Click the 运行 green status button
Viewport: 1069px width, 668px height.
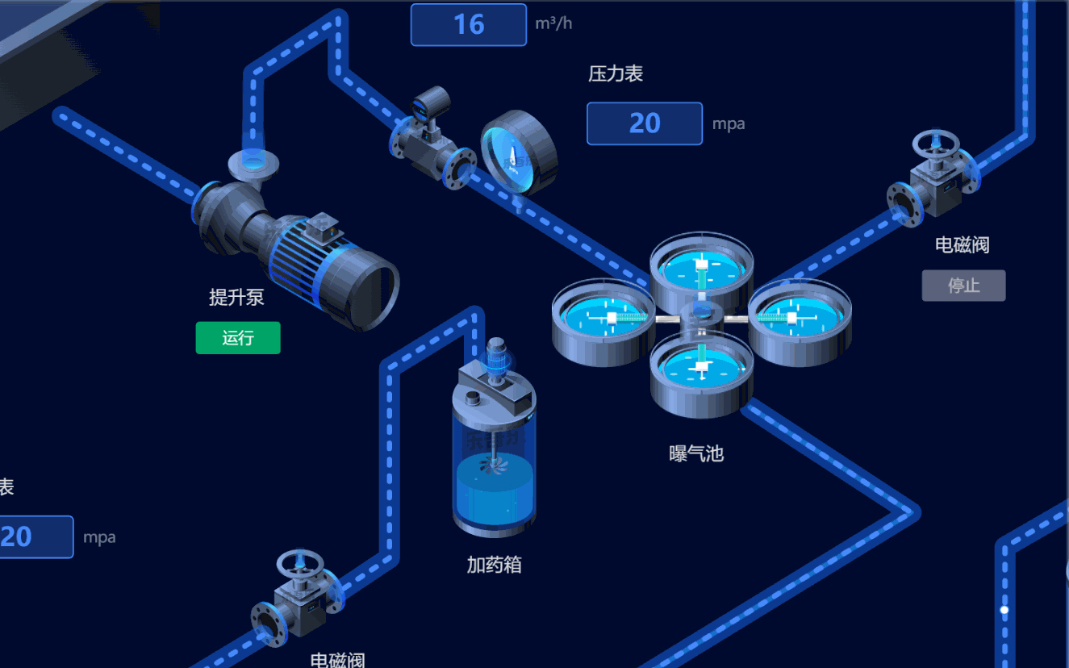tap(238, 338)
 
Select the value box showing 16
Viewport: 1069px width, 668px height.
tap(469, 24)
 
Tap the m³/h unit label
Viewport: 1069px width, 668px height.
tap(553, 23)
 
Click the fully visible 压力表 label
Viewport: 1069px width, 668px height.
tap(616, 74)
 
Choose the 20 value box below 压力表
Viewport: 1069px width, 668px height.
tap(645, 123)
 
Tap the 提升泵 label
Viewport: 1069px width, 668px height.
tap(236, 297)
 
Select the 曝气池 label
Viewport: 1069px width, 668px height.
tap(696, 454)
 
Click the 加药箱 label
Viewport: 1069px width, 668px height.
tap(494, 565)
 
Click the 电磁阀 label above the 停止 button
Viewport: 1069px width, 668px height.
tap(962, 245)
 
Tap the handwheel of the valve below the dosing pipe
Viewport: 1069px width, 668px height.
tap(299, 563)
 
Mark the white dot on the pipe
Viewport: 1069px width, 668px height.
tap(1004, 610)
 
